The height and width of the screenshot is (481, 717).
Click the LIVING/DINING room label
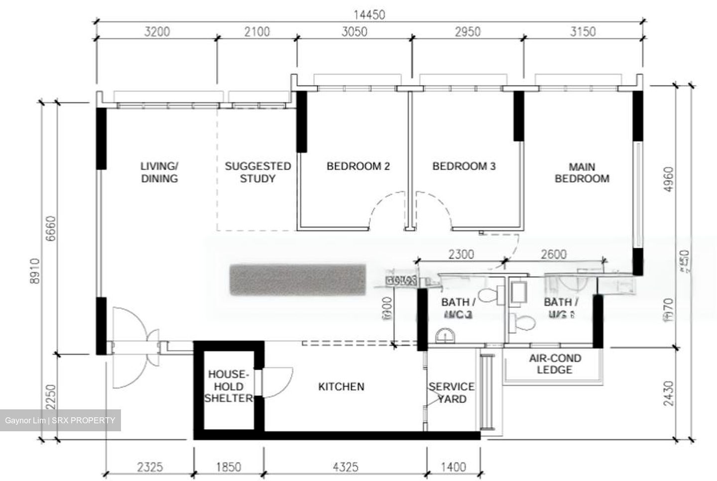[159, 172]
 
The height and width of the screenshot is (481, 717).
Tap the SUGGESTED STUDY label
[257, 172]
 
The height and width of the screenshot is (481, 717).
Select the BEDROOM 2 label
[358, 166]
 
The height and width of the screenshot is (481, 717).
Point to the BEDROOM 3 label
[464, 166]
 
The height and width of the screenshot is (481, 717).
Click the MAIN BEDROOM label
[582, 172]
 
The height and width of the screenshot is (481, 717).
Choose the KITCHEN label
[341, 386]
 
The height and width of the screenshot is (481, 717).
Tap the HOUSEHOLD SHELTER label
[228, 386]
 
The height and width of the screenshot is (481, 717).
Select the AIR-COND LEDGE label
[555, 364]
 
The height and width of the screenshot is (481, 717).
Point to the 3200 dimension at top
[156, 32]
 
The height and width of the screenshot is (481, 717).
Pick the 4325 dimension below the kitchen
[345, 467]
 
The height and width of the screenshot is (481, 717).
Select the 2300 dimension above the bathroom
[461, 255]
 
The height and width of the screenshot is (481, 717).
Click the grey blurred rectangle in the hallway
[298, 281]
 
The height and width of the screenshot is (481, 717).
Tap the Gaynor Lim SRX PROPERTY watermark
[60, 420]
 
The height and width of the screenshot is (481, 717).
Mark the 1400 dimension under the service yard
[454, 467]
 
